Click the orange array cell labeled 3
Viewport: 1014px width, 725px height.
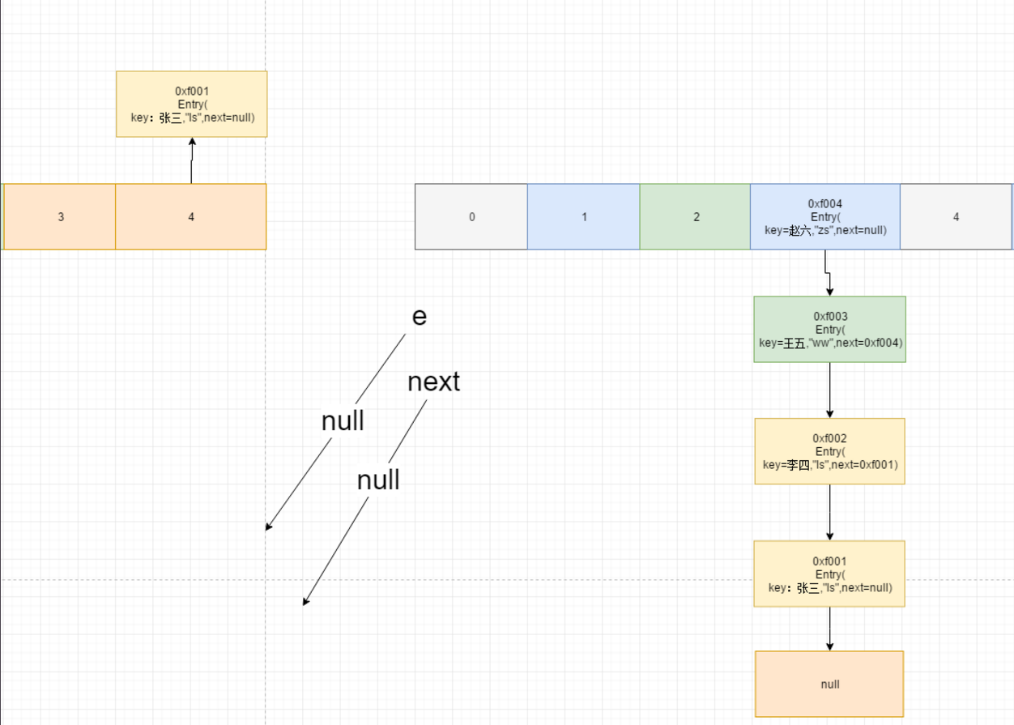pos(61,216)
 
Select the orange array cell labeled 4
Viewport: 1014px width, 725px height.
pos(191,216)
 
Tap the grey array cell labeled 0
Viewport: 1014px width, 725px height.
pos(471,216)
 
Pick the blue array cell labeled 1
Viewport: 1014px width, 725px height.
pos(584,216)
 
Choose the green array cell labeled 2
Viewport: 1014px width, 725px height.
pos(695,216)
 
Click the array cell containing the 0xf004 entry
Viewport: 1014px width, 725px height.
pos(825,216)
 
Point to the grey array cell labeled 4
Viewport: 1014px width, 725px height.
pos(956,216)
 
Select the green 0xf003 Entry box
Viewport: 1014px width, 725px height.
pos(829,329)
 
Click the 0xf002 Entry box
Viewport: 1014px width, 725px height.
pos(829,451)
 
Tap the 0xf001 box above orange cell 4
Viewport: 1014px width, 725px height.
pos(191,104)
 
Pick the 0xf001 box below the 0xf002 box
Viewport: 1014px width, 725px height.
pos(829,574)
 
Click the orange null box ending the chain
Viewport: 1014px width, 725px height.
pos(829,684)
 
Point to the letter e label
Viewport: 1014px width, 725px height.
pos(419,316)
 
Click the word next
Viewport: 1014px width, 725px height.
pos(433,382)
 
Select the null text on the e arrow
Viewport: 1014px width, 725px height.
pos(343,421)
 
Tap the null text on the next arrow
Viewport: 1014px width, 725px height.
pos(378,480)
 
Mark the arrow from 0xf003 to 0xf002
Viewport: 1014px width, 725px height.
pos(830,390)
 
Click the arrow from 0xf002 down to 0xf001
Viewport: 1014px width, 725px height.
pos(830,512)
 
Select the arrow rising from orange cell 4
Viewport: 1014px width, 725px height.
pos(192,160)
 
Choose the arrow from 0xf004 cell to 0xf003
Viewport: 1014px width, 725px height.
pos(828,274)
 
